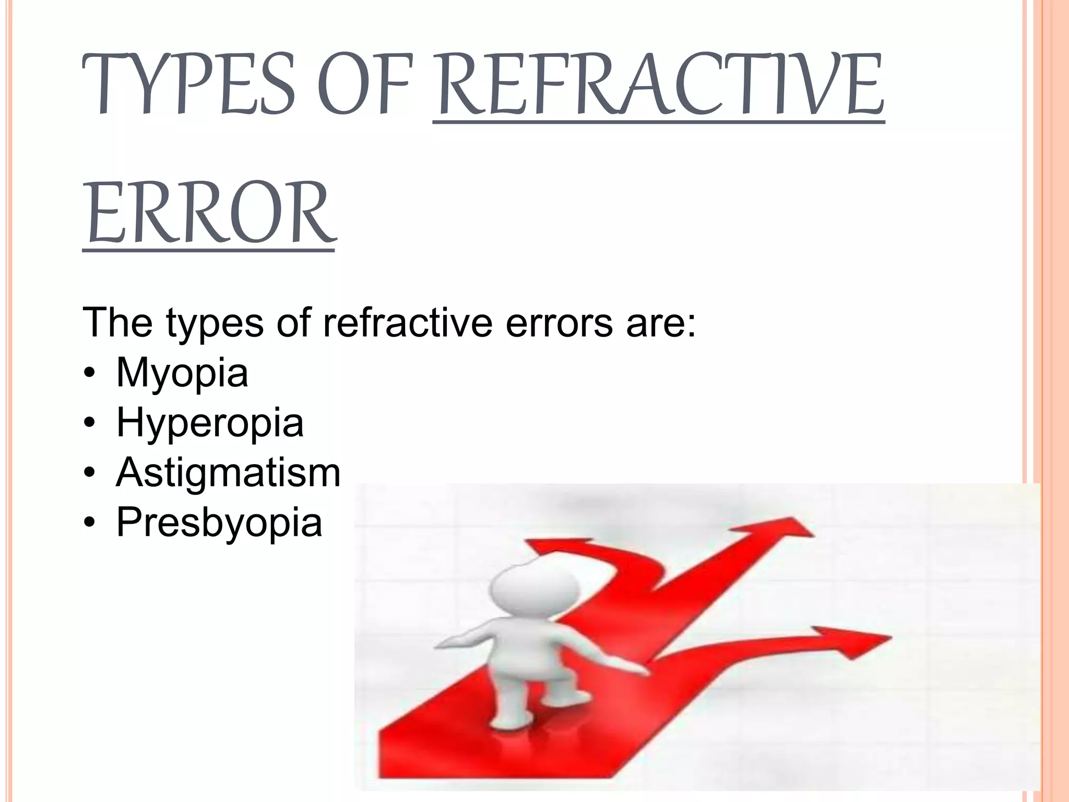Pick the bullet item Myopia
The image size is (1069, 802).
[x=182, y=373]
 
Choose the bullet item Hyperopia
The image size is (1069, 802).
[x=209, y=422]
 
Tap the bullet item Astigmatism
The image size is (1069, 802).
[x=228, y=473]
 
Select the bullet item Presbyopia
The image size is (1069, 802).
[x=219, y=522]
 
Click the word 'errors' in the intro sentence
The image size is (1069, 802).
[x=559, y=323]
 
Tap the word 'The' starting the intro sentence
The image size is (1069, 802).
[x=117, y=323]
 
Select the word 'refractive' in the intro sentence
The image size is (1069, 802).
[x=408, y=323]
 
